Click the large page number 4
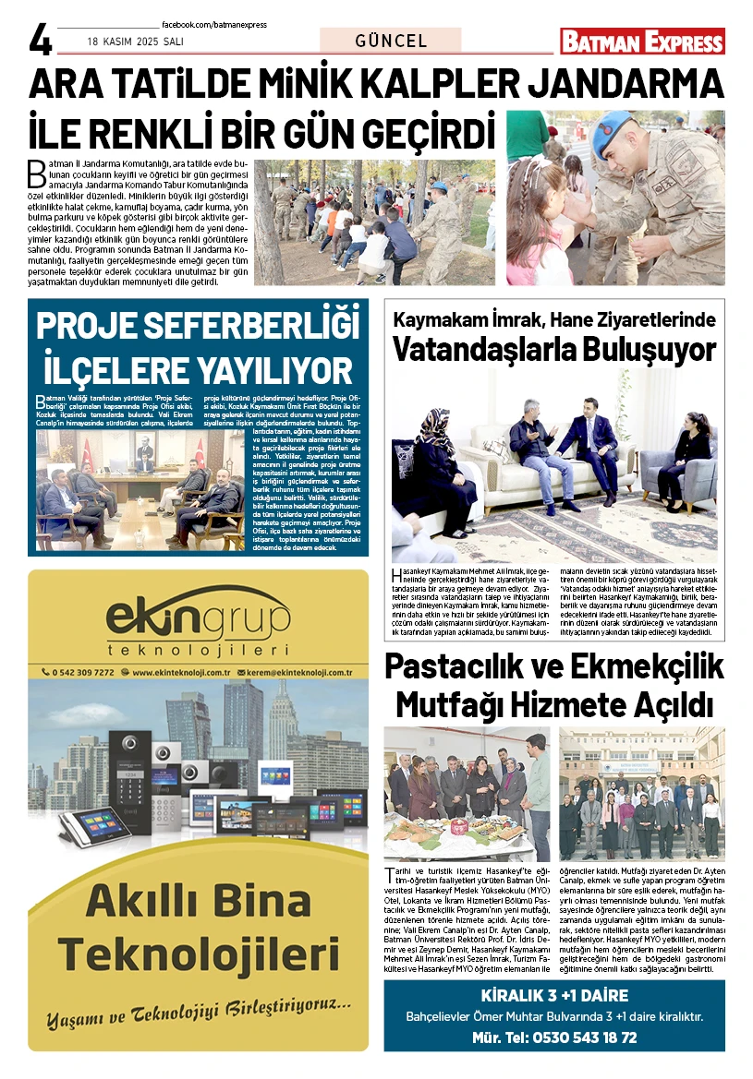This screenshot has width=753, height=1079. (x=41, y=40)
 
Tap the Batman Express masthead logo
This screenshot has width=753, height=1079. (x=642, y=42)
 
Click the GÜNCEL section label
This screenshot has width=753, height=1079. (x=391, y=41)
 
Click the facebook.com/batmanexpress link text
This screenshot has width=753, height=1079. (x=213, y=25)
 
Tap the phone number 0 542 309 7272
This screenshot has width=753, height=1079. (x=84, y=673)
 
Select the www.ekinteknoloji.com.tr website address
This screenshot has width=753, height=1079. (x=181, y=673)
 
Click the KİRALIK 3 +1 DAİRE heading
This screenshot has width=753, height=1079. (x=554, y=996)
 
